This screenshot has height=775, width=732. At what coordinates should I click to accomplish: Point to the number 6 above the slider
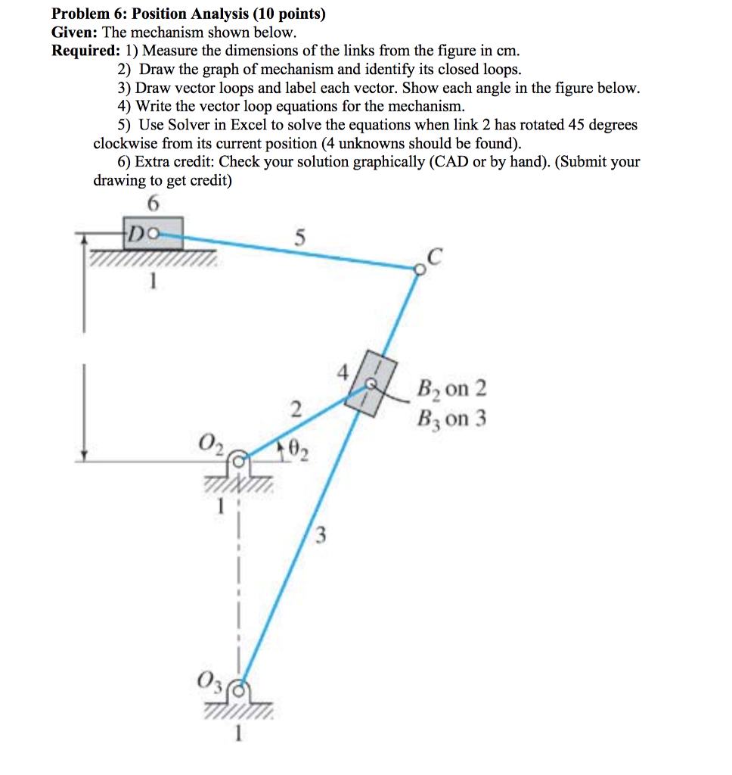(154, 204)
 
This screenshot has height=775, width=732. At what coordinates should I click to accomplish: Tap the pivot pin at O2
(239, 458)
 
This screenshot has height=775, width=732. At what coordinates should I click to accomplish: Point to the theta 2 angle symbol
(297, 453)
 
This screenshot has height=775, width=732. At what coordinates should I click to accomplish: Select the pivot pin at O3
(240, 689)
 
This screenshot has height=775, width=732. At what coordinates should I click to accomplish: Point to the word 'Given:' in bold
(74, 33)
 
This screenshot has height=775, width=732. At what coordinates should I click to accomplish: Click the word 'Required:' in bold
(83, 51)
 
